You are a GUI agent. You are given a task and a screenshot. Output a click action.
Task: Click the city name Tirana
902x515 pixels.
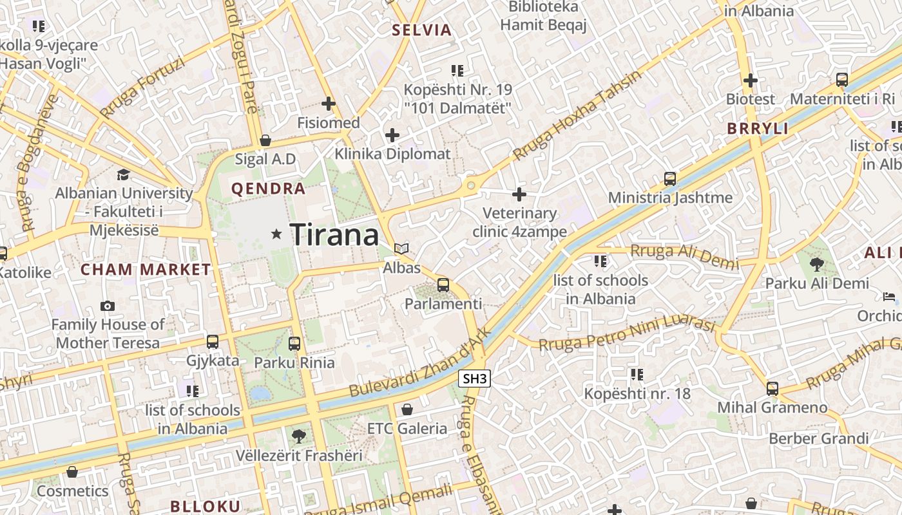pyautogui.click(x=334, y=235)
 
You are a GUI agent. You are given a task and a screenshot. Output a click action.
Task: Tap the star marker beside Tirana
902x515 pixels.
pyautogui.click(x=277, y=234)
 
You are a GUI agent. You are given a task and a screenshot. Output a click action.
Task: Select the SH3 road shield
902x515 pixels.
pyautogui.click(x=475, y=379)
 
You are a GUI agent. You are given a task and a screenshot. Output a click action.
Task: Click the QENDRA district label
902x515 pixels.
pyautogui.click(x=268, y=189)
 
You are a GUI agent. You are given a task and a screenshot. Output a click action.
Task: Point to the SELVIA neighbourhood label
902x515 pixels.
pyautogui.click(x=422, y=30)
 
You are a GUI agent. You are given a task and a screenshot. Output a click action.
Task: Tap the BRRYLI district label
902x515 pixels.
pyautogui.click(x=758, y=128)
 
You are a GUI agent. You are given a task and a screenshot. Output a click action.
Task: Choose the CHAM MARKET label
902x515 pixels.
pyautogui.click(x=146, y=270)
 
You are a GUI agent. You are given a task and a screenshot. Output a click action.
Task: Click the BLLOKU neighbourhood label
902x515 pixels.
pyautogui.click(x=206, y=506)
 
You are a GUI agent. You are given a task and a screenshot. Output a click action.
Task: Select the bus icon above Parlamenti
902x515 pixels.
pyautogui.click(x=443, y=285)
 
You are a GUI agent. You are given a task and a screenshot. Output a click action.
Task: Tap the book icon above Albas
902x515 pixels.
pyautogui.click(x=401, y=248)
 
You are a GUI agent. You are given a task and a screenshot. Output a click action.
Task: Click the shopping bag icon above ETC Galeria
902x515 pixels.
pyautogui.click(x=407, y=409)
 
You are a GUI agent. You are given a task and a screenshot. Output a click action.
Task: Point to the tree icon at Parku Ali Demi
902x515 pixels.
pyautogui.click(x=816, y=263)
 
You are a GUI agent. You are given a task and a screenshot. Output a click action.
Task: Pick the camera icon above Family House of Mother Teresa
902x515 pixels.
pyautogui.click(x=108, y=306)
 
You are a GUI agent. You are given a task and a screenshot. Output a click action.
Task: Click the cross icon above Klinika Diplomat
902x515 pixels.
pyautogui.click(x=392, y=135)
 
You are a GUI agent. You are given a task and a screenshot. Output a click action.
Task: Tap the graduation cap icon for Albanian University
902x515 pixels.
pyautogui.click(x=123, y=174)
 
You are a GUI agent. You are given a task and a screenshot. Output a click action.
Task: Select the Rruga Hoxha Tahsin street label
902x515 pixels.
pyautogui.click(x=577, y=115)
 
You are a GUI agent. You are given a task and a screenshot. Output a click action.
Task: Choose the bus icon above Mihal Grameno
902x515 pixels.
pyautogui.click(x=772, y=388)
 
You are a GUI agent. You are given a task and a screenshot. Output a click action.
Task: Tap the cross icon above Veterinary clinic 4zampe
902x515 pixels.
pyautogui.click(x=519, y=194)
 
